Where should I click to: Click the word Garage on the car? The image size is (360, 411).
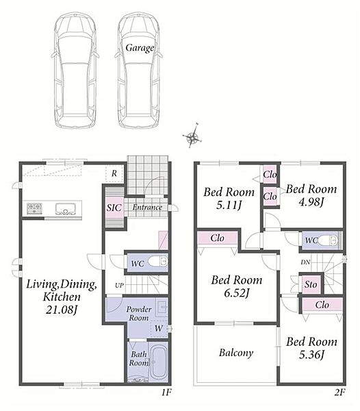click(x=140, y=48)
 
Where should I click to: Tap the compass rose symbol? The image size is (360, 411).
click(x=193, y=136)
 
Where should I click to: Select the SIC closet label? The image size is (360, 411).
click(x=114, y=208)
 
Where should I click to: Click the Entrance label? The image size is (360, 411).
click(x=147, y=208)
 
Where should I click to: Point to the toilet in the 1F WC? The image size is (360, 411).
click(x=157, y=262)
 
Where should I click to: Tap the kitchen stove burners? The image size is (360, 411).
click(x=34, y=208)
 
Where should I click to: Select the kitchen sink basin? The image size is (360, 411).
click(x=65, y=209)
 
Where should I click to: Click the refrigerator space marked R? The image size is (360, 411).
click(x=114, y=173)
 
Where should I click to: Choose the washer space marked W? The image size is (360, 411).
click(x=159, y=328)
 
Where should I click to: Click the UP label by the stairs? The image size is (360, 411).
click(x=119, y=286)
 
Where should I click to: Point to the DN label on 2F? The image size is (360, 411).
click(x=305, y=262)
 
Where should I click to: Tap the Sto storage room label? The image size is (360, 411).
click(x=311, y=284)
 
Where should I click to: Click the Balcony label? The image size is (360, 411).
click(x=236, y=353)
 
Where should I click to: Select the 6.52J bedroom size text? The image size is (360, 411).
click(x=236, y=293)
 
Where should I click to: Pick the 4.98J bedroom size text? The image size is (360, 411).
click(x=311, y=202)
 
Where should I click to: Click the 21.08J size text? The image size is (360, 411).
click(x=62, y=310)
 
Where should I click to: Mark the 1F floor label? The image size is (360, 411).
click(x=166, y=392)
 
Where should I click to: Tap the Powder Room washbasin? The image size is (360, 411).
click(x=162, y=307)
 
